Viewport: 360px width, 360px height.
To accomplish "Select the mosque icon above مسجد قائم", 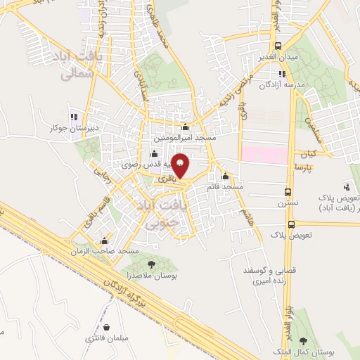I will click(225, 176).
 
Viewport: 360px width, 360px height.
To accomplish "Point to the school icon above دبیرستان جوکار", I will click(74, 117).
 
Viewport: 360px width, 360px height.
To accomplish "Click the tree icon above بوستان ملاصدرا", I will click(151, 264).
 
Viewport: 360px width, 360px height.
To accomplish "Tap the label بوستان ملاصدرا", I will click(151, 276).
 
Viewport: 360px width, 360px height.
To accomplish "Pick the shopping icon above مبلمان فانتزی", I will click(106, 327).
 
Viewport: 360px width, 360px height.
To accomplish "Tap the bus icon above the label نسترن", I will click(288, 191).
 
